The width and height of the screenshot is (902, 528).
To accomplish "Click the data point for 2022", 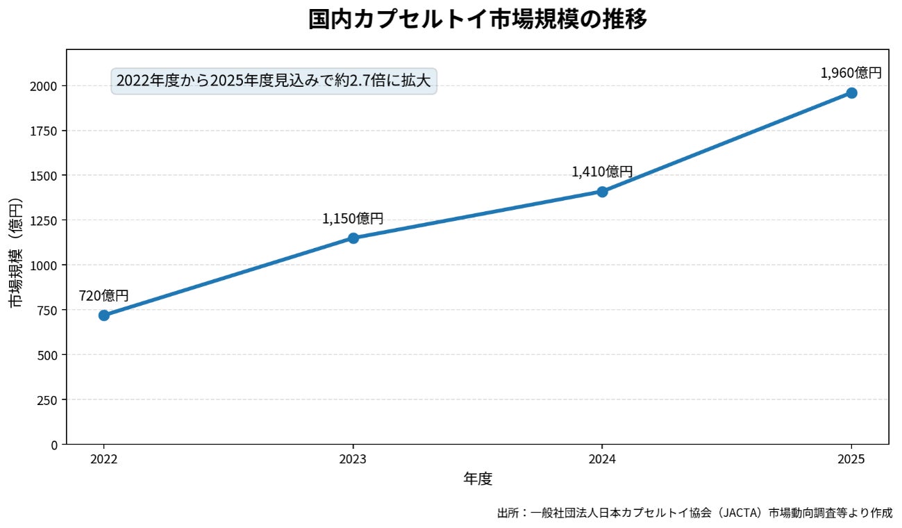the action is coord(104,315).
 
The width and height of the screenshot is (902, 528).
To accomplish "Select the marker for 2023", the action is coord(353,238).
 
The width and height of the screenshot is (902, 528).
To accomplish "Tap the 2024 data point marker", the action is coord(602,192).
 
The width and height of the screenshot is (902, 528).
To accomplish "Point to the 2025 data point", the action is coord(851,93).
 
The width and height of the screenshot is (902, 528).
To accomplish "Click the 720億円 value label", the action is coord(103,296).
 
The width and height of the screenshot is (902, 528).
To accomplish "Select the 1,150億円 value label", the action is coord(353,219).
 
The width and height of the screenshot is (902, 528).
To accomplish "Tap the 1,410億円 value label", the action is coord(602,172).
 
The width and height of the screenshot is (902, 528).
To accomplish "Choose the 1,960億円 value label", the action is coord(851,74).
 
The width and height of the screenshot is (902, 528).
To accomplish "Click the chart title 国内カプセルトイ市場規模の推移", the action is coord(478,19).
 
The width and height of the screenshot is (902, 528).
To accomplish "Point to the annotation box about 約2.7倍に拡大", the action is coord(274,81).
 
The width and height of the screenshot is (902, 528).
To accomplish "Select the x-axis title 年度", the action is coord(478,479).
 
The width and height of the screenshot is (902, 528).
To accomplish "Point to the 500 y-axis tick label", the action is coord(47,355).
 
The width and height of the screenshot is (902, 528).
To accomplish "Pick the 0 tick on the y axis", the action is coord(54,445).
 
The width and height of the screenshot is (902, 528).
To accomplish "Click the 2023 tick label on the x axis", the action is coord(353,459).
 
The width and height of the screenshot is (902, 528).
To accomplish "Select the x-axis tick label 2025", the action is coord(851,459).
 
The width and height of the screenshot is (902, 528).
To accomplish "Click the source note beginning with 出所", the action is coord(694,513).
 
